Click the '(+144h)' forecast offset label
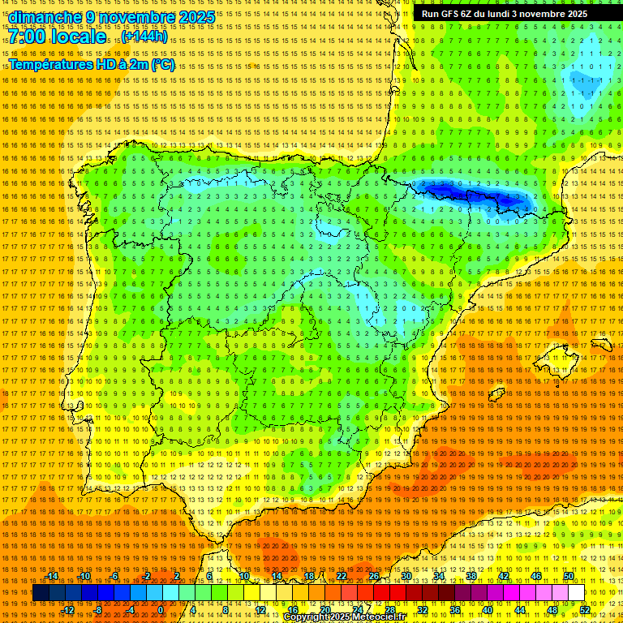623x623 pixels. coord(145,37)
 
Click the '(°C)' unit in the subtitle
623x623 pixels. coord(162,64)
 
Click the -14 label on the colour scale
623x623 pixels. coord(53,576)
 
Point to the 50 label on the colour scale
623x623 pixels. coord(569,576)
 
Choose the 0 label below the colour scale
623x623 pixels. coord(161,609)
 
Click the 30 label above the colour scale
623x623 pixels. coord(406,576)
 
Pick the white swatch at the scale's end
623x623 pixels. coord(576,593)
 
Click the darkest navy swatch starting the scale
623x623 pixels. coord(41,593)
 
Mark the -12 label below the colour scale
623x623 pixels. coord(69,609)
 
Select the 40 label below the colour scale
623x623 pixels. coord(488,609)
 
